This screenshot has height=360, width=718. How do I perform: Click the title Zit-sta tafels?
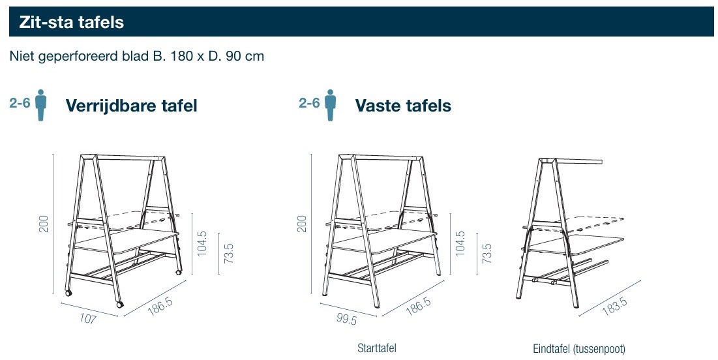(x=72, y=22)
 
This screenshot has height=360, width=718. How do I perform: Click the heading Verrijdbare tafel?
(x=132, y=106)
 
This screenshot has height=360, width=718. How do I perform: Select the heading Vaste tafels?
(x=403, y=106)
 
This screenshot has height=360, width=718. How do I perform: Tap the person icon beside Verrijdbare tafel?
(x=40, y=105)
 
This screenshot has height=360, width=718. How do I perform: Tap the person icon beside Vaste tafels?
(x=330, y=105)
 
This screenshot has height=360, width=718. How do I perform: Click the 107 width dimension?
(x=87, y=318)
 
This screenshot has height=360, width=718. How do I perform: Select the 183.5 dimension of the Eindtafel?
(x=614, y=305)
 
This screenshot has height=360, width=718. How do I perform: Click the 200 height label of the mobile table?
(x=44, y=224)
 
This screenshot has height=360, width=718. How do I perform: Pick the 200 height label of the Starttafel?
(x=302, y=224)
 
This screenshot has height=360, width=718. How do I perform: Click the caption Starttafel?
(x=376, y=348)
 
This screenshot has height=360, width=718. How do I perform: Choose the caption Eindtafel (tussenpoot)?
(x=579, y=349)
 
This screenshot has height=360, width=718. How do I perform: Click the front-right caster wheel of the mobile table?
(x=120, y=304)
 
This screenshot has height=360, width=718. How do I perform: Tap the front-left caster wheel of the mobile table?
(x=68, y=292)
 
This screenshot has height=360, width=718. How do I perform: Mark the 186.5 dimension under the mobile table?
(x=160, y=305)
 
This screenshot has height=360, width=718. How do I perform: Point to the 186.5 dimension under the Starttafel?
(x=418, y=305)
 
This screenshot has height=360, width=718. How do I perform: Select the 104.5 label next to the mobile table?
(x=202, y=243)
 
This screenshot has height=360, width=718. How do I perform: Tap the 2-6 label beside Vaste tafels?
(x=309, y=102)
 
